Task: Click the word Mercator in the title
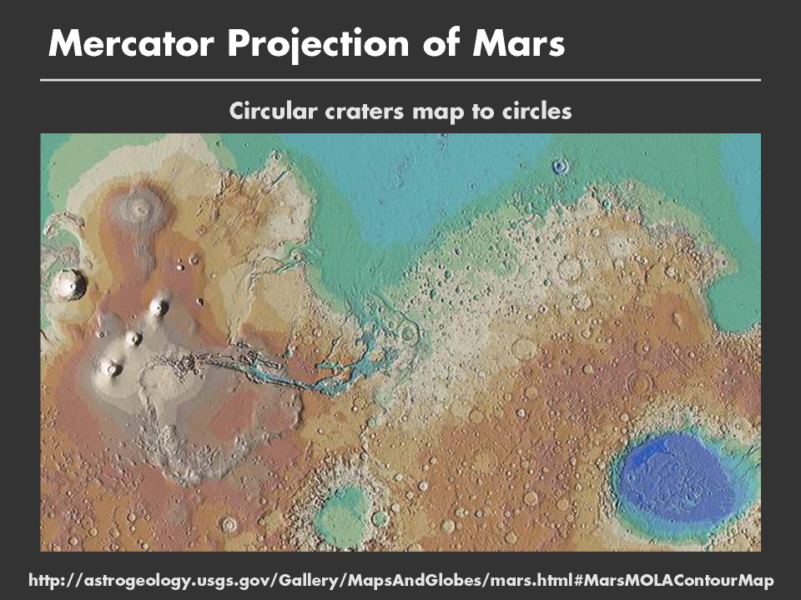pos(131,43)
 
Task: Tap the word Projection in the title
pos(318,45)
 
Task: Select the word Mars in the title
pos(518,43)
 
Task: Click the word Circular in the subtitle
pos(274,111)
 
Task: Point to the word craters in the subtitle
pos(365,112)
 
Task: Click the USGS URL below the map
pos(401,580)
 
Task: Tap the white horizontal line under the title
pos(400,80)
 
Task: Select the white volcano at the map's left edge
pos(68,285)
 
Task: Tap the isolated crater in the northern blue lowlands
pos(561,167)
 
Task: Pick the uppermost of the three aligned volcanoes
pos(160,306)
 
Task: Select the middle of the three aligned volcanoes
pos(133,337)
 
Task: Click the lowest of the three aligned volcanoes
pos(110,367)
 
